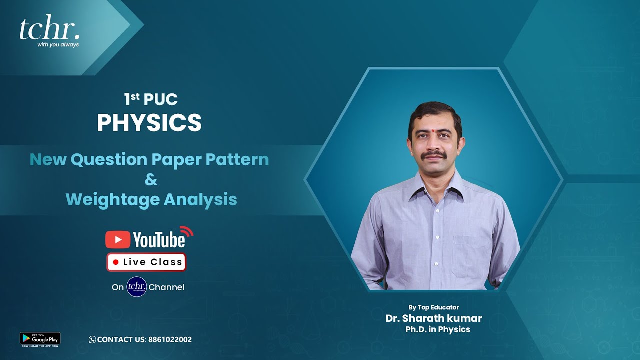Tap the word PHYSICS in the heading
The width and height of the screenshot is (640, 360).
pos(149,123)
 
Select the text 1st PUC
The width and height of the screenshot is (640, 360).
pos(151,99)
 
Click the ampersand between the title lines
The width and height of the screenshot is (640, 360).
pos(151,180)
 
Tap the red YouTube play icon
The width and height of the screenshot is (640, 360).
pos(118,240)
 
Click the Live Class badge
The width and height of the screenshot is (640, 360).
pos(146,262)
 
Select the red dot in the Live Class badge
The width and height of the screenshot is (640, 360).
pos(116,262)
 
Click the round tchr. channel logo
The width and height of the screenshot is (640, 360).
pos(136,287)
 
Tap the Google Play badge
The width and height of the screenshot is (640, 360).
pos(40,339)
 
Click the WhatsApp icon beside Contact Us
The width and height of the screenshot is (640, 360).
pos(92,340)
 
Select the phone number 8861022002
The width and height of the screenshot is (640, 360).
pos(170,340)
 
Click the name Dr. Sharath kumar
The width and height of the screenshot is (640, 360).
pos(433,318)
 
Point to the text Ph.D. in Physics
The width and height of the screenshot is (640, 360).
pos(438,329)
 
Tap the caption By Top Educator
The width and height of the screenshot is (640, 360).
pos(433,307)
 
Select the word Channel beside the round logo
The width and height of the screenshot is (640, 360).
pos(166,287)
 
